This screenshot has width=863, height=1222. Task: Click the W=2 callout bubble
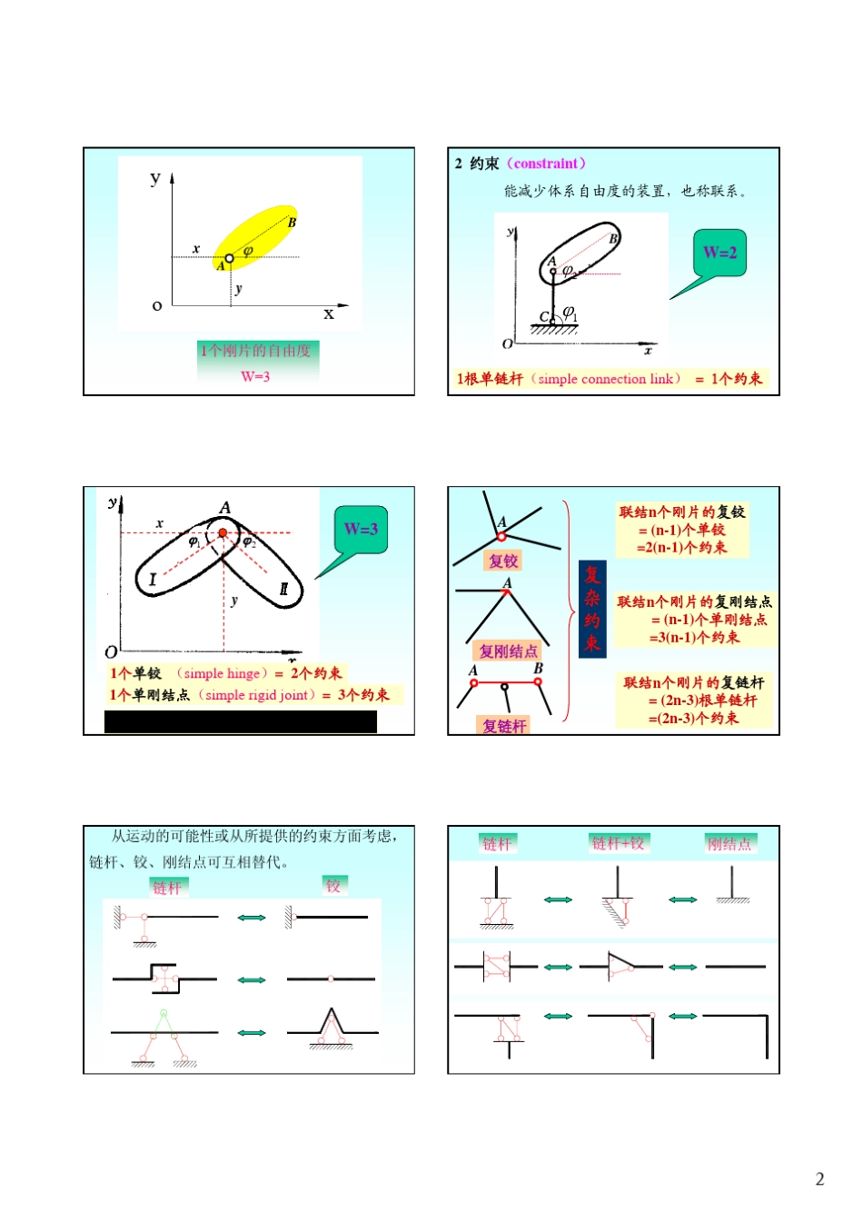click(x=719, y=253)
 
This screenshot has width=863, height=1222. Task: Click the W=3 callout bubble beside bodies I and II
click(x=361, y=529)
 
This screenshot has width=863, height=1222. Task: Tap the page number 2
click(x=819, y=1179)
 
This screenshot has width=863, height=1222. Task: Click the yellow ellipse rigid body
click(x=256, y=237)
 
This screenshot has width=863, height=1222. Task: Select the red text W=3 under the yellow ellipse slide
click(x=255, y=376)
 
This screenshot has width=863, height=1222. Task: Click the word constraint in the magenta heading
click(x=546, y=164)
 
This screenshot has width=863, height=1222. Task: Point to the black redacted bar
click(x=240, y=721)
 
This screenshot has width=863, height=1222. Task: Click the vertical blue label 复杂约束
click(x=592, y=609)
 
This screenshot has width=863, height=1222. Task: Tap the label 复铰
click(x=503, y=561)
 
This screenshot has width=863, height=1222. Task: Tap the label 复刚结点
click(x=508, y=651)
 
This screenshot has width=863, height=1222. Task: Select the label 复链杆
click(x=504, y=725)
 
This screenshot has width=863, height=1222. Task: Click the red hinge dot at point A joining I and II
click(x=223, y=532)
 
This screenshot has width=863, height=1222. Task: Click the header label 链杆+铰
click(x=618, y=843)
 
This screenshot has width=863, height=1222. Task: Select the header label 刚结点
click(x=729, y=843)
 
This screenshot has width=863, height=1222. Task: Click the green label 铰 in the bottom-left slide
click(x=333, y=885)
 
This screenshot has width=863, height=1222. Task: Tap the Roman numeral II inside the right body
click(x=283, y=589)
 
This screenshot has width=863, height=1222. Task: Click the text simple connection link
click(x=605, y=379)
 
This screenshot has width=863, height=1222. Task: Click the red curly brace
click(x=569, y=611)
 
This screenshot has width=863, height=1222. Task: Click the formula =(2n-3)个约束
click(x=693, y=718)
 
